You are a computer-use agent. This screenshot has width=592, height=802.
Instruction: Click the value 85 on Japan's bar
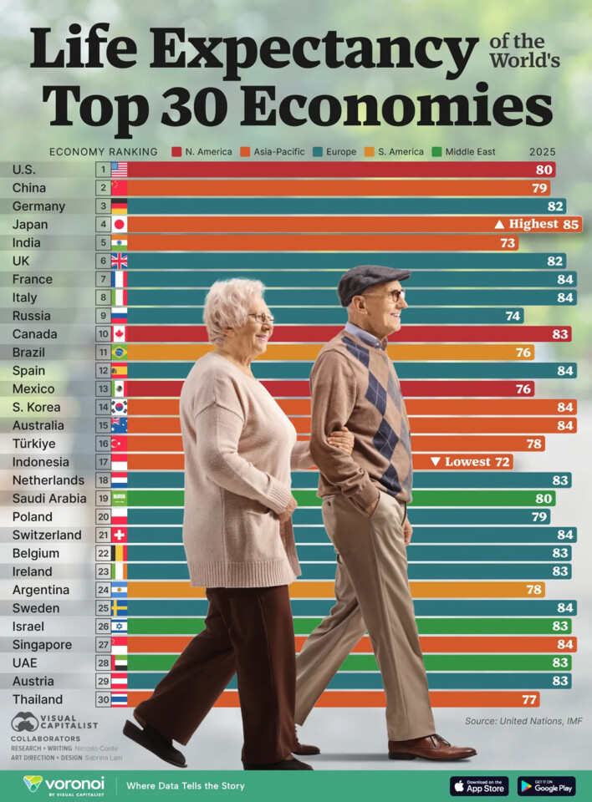tap(570, 224)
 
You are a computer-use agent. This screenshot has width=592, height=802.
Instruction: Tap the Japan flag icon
tap(120, 224)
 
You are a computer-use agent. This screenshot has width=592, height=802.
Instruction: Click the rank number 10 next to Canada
tap(103, 334)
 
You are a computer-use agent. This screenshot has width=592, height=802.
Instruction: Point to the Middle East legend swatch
tap(435, 152)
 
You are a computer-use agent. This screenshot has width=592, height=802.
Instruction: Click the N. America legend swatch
tap(176, 152)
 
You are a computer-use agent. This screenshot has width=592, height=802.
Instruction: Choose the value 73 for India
tap(507, 243)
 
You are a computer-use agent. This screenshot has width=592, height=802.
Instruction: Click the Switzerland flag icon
tap(120, 535)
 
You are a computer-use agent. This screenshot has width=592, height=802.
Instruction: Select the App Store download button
tap(479, 786)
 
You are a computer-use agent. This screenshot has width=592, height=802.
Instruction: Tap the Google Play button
tap(546, 786)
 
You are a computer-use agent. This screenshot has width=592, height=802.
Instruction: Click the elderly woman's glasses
tap(261, 317)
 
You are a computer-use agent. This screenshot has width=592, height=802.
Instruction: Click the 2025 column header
tap(542, 152)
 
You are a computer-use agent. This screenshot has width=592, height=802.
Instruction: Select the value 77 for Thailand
tap(528, 699)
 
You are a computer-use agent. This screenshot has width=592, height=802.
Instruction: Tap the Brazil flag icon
tap(120, 353)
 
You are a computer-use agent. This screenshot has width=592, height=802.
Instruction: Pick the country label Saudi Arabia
tap(47, 499)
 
